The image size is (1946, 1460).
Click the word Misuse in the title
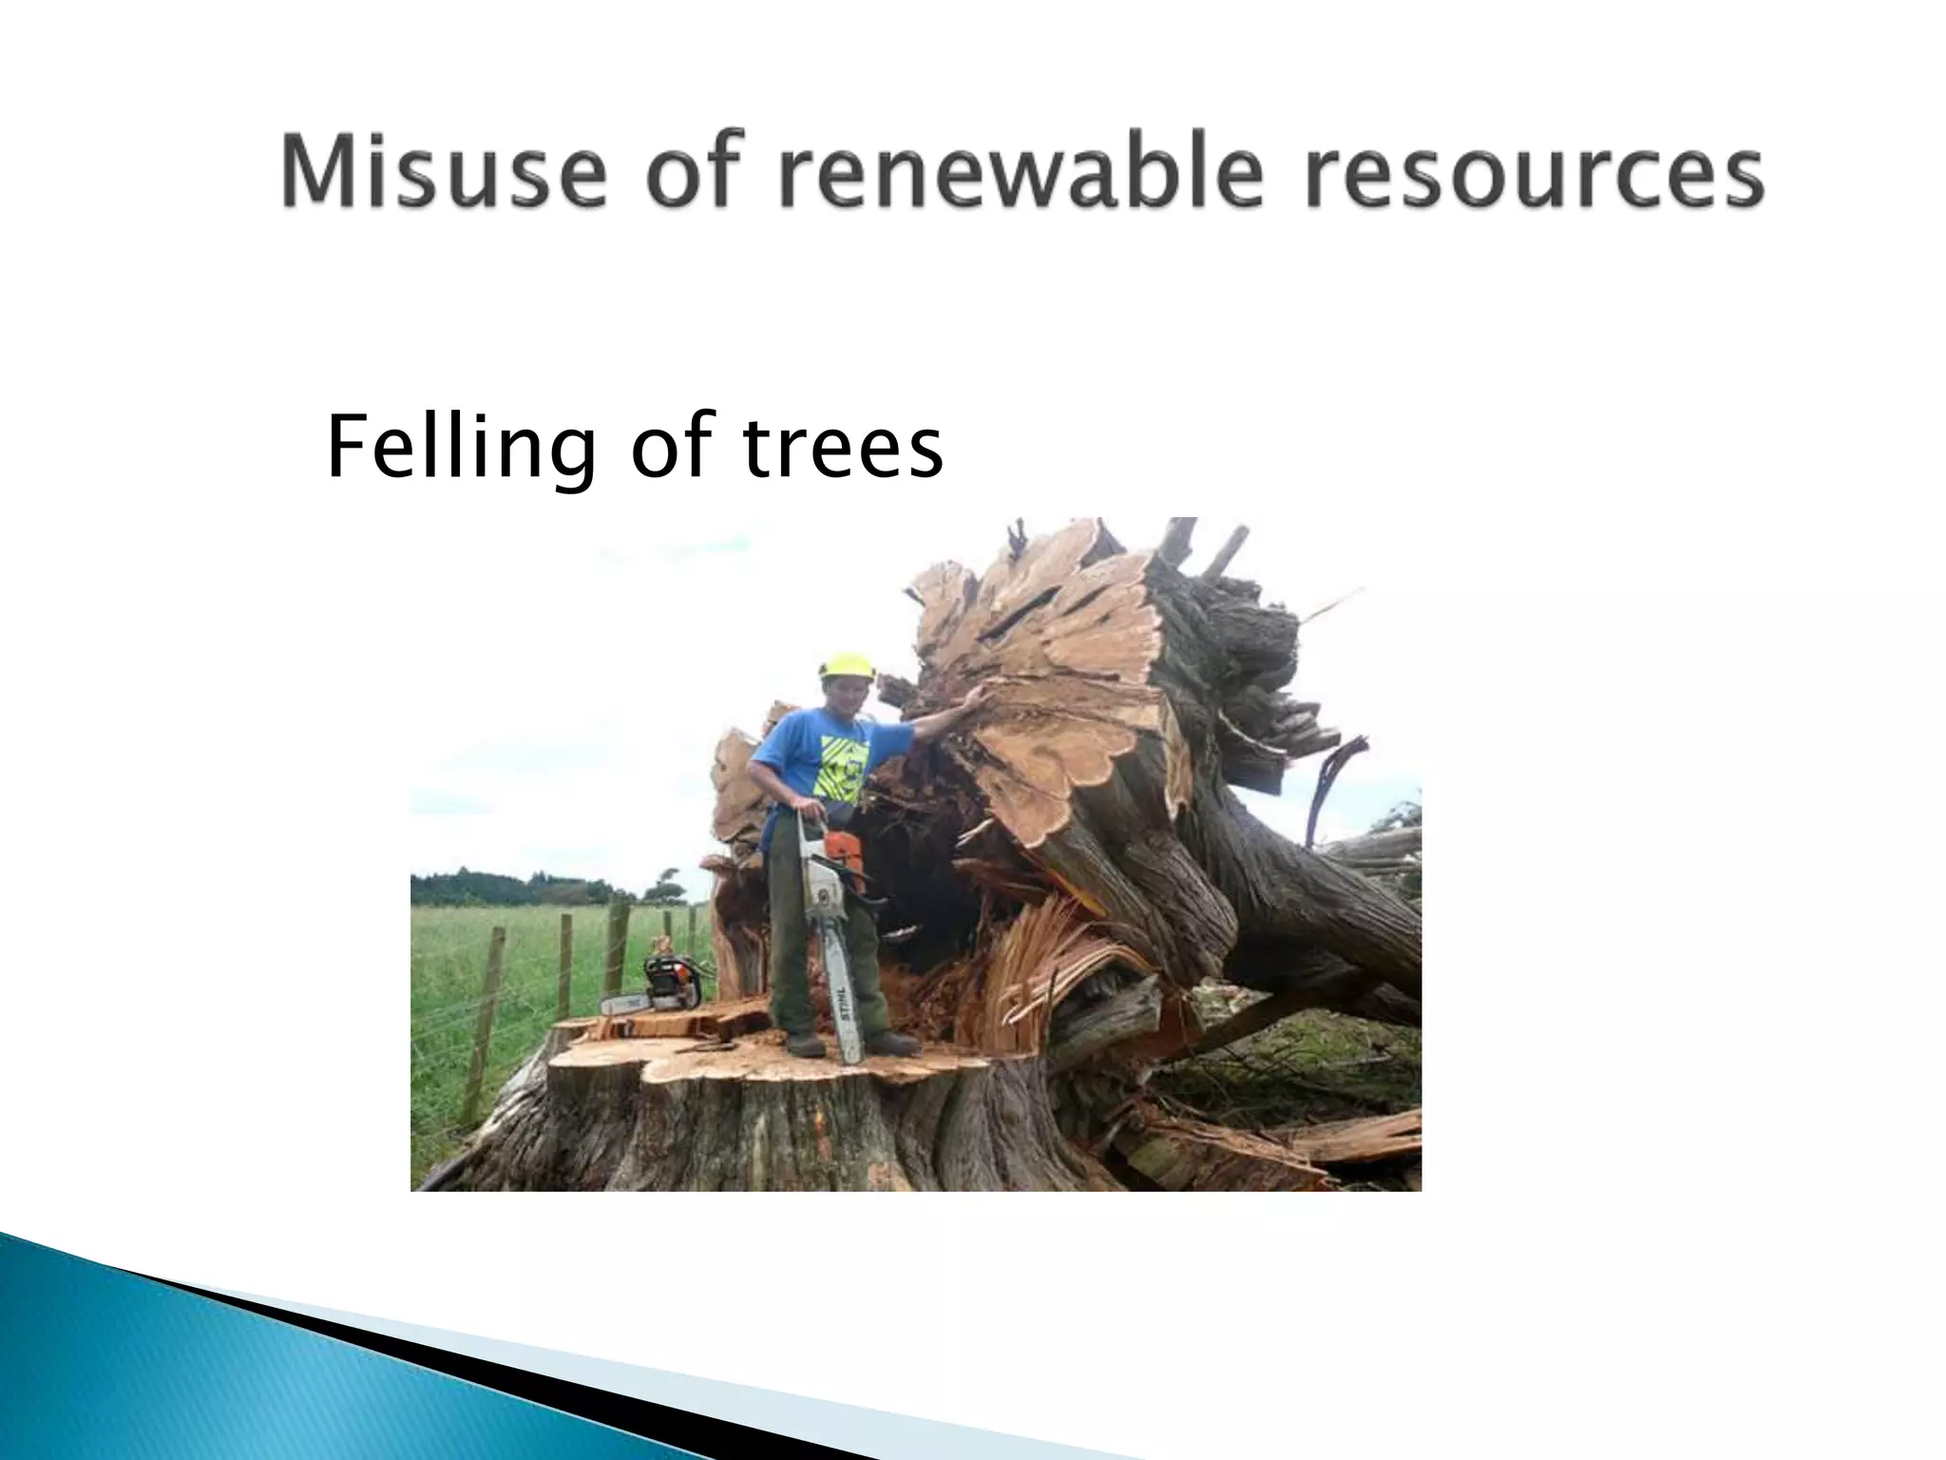[x=443, y=174]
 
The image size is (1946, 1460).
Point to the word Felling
[x=462, y=449]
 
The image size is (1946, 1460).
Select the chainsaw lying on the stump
[x=656, y=989]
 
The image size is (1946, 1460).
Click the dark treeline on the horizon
[x=504, y=890]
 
